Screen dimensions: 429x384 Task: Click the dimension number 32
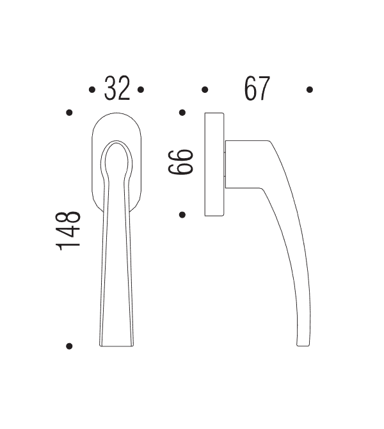(x=117, y=89)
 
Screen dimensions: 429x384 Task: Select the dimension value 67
(x=257, y=89)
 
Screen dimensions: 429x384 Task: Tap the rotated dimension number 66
(x=180, y=163)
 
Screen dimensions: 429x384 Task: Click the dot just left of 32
(x=92, y=90)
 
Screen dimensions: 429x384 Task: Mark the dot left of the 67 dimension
(x=205, y=90)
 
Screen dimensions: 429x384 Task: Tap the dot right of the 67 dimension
(x=309, y=90)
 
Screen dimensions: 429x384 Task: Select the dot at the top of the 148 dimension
(x=69, y=113)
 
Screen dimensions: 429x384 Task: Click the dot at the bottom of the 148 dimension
(x=69, y=346)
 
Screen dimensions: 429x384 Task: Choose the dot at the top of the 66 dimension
(x=182, y=113)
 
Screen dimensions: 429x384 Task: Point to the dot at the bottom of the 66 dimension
(x=182, y=214)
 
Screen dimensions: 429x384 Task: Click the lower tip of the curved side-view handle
(x=303, y=343)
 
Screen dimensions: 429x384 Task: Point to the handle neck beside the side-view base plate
(x=240, y=164)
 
